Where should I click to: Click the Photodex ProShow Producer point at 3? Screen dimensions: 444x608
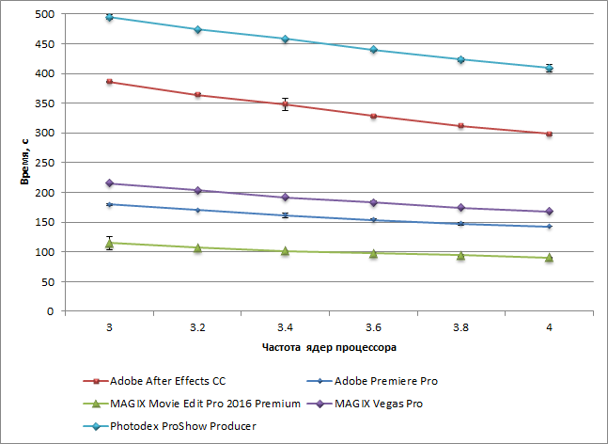[110, 17]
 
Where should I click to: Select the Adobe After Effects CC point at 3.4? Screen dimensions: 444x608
[286, 104]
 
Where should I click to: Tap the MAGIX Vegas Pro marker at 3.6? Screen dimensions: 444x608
[373, 202]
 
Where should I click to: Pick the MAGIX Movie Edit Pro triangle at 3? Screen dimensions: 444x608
[110, 243]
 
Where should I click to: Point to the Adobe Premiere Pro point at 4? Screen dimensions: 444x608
[549, 227]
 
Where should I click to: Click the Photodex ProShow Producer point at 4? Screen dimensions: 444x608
[549, 68]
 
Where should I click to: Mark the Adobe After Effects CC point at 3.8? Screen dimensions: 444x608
[460, 125]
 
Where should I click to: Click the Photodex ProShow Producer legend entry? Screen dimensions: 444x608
[169, 426]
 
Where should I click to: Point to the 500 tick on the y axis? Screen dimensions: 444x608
[43, 14]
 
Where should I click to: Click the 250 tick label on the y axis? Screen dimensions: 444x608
[43, 163]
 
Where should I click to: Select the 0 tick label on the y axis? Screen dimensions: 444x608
[50, 311]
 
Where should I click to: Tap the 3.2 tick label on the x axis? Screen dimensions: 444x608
[197, 326]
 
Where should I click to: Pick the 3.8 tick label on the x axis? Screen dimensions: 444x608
[460, 326]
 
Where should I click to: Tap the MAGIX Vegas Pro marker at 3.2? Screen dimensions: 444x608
[197, 191]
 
